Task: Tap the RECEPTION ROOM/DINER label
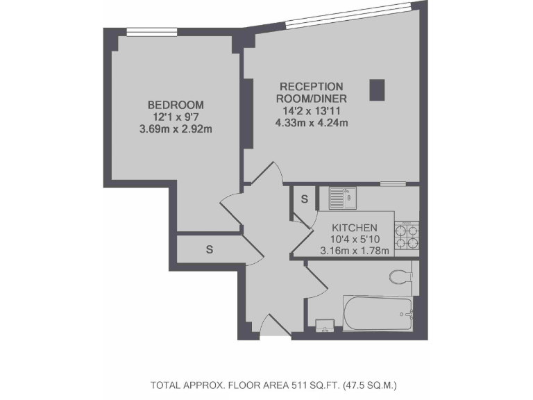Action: [x=311, y=92]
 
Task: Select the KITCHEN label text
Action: [x=354, y=228]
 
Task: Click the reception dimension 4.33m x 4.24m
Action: [x=311, y=123]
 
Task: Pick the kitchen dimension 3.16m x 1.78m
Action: [x=354, y=251]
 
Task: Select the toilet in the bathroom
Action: [x=401, y=277]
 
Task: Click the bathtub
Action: [x=378, y=314]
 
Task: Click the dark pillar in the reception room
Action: [x=377, y=90]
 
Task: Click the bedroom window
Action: [x=149, y=30]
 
